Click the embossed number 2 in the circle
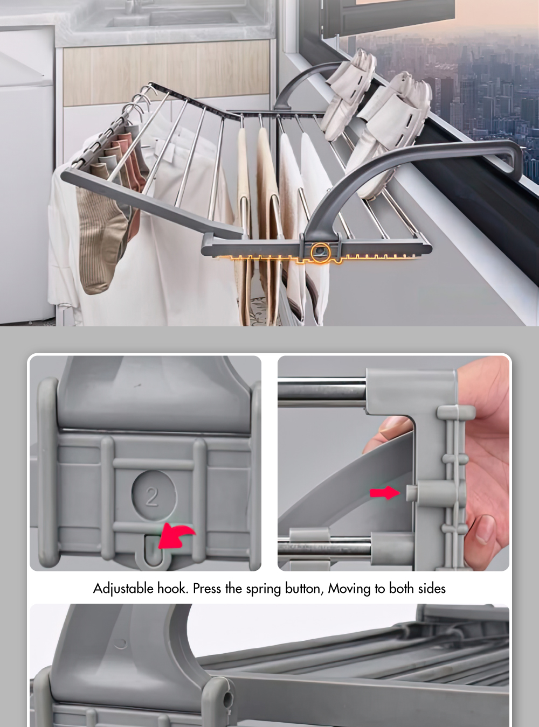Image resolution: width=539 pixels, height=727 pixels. [153, 496]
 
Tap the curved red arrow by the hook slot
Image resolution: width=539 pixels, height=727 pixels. [175, 535]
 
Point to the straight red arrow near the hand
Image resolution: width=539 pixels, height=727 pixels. [384, 492]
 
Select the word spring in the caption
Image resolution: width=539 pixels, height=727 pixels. [264, 589]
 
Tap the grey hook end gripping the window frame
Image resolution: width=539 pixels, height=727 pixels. [512, 162]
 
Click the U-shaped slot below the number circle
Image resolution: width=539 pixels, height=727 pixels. [151, 552]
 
